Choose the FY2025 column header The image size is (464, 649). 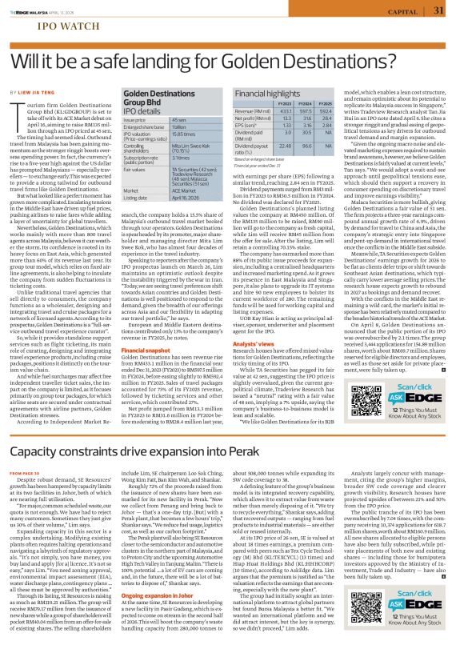click(324, 104)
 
